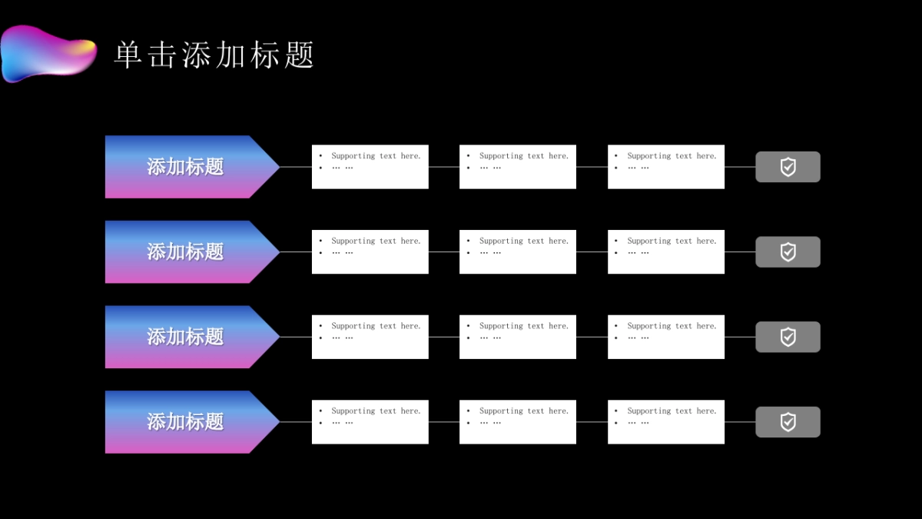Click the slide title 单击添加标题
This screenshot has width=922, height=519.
(x=214, y=55)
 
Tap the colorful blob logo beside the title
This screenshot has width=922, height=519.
(x=48, y=52)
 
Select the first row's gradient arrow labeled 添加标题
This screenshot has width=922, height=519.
(x=185, y=167)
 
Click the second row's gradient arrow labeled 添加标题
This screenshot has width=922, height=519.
(x=185, y=252)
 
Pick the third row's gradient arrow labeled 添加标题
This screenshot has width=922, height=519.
(x=185, y=337)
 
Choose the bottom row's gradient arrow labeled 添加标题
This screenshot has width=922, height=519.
(x=185, y=422)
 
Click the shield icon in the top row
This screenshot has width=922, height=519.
(x=788, y=167)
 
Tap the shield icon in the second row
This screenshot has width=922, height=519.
(x=788, y=252)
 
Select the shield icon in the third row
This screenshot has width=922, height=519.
(x=788, y=337)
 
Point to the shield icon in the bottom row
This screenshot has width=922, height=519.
(x=788, y=422)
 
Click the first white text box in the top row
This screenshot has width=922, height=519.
(x=370, y=167)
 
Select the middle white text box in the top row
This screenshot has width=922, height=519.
(x=517, y=167)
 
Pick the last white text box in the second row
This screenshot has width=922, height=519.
(x=665, y=252)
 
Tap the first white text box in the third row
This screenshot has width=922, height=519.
(x=370, y=337)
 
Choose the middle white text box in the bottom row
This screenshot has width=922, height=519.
(x=517, y=422)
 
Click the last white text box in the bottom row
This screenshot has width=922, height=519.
(x=665, y=422)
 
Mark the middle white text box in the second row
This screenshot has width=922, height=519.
(x=517, y=252)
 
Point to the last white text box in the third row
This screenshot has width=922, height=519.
(x=665, y=337)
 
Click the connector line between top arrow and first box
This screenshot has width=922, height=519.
(x=296, y=167)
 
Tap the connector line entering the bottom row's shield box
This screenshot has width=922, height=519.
(x=740, y=422)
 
